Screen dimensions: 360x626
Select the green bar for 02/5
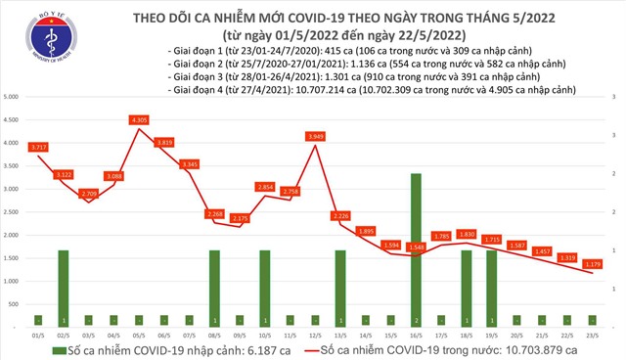64,288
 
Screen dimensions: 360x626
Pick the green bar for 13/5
340,288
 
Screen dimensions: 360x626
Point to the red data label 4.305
139,120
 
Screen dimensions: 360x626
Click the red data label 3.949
316,137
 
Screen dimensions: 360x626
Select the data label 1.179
594,263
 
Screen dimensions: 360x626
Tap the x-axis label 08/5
214,334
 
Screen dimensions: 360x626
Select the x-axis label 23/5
593,334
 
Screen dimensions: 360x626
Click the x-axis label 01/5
38,334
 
